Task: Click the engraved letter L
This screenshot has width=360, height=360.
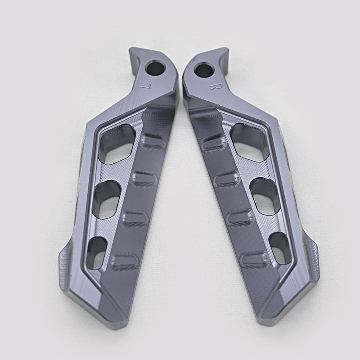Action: (144, 85)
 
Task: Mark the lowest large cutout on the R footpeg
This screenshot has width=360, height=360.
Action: (279, 248)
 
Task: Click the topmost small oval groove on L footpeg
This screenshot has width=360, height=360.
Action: (153, 139)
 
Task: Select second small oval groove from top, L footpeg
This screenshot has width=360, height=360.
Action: (144, 178)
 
